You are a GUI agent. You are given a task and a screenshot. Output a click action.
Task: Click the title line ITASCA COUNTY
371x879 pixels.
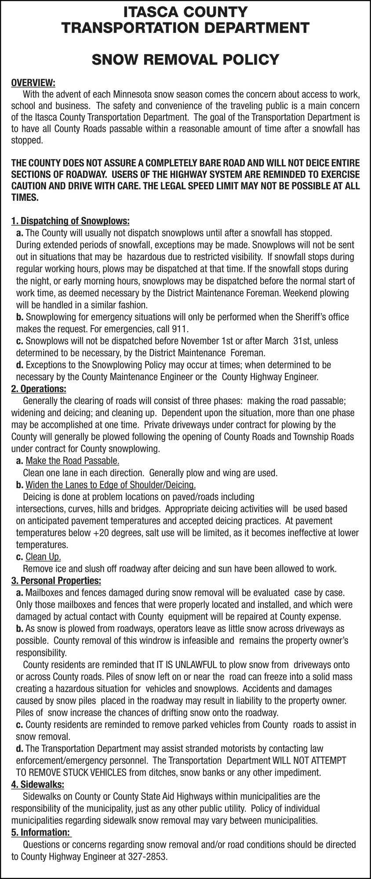coord(185,11)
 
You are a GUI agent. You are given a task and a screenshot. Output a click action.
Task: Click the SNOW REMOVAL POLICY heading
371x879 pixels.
coord(185,59)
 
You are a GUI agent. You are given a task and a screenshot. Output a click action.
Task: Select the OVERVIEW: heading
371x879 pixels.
coord(33,83)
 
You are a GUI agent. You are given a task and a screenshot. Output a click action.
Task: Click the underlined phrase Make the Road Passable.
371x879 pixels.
coord(73,461)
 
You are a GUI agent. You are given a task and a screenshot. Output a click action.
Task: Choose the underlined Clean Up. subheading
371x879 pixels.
coord(43,557)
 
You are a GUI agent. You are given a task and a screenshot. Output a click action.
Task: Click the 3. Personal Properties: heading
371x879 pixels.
coord(56,581)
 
